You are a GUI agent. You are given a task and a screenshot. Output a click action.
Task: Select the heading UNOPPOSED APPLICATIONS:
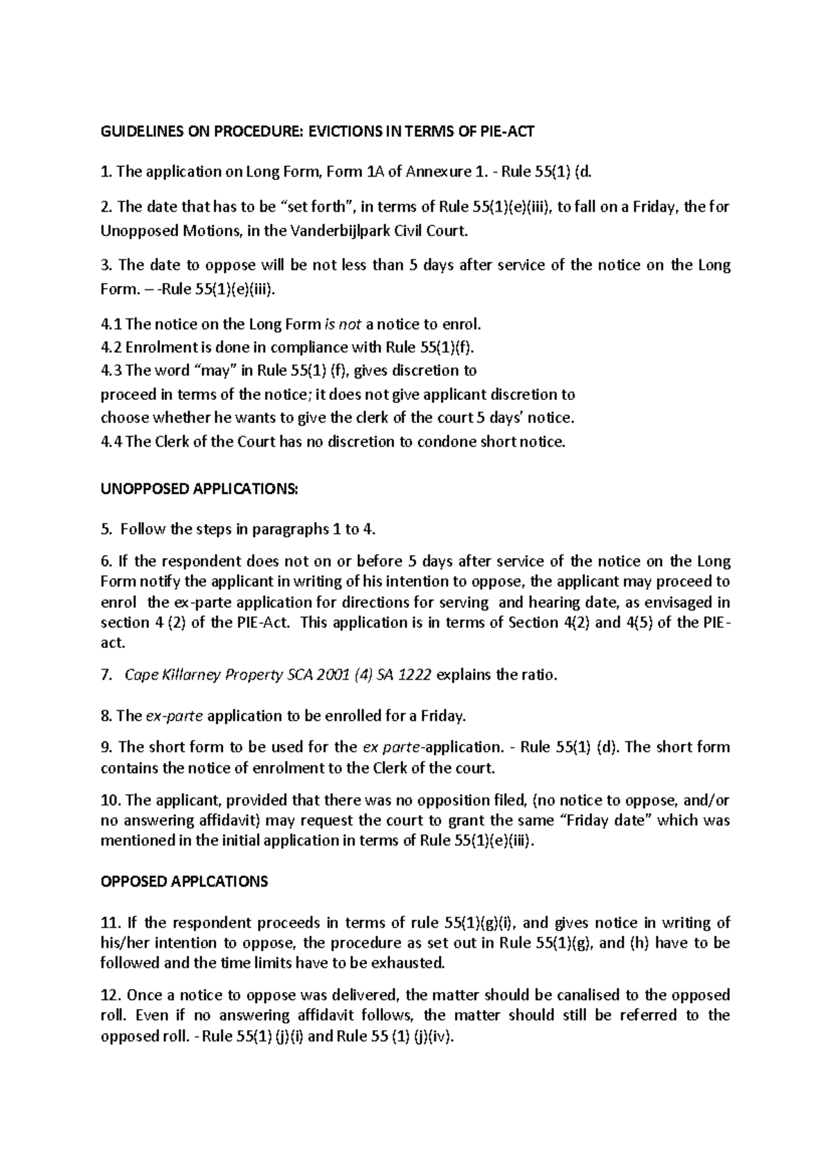199,489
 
